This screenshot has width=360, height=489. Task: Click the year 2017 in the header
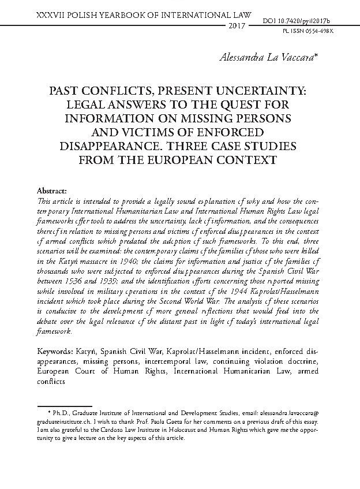(x=237, y=27)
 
